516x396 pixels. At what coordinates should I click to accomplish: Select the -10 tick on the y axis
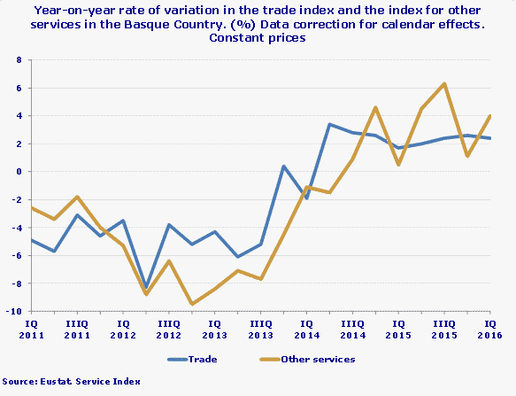point(16,311)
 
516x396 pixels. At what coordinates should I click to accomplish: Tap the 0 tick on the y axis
point(19,172)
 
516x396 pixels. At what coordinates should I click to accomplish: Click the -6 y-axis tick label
point(18,255)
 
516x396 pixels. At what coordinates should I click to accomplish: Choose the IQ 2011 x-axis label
point(31,330)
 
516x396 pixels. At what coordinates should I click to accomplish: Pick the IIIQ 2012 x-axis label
point(169,330)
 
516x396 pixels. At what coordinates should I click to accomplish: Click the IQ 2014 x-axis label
point(307,330)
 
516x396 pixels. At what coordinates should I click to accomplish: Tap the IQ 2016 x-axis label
point(491,330)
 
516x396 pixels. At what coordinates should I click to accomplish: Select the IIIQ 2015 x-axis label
point(445,330)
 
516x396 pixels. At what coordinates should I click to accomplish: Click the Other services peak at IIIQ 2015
point(444,84)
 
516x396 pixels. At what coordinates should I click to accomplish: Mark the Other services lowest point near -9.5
point(191,304)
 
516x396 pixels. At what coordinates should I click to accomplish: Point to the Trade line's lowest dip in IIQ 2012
point(146,288)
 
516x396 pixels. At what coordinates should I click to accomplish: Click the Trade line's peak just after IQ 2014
point(329,124)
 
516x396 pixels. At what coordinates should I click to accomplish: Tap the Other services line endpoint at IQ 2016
point(490,116)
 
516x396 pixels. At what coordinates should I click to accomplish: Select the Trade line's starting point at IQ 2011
point(31,240)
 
